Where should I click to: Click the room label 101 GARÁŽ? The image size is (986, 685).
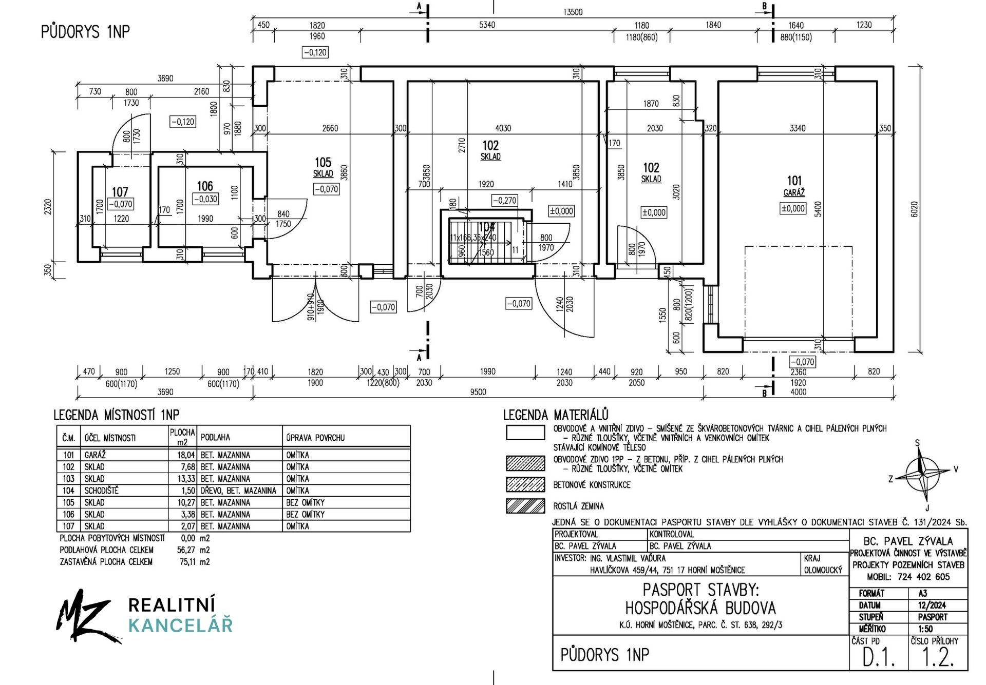point(794,186)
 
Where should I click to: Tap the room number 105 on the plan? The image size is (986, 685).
point(323,163)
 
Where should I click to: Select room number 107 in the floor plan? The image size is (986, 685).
point(120,192)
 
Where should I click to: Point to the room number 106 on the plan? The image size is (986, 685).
point(205,186)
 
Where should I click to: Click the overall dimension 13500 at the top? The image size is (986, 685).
point(573,12)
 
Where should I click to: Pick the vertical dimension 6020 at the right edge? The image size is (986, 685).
point(914,209)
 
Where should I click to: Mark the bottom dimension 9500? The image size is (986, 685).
point(478,392)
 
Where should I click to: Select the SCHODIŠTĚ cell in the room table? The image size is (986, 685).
point(101,491)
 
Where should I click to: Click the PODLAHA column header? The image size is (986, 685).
point(215,438)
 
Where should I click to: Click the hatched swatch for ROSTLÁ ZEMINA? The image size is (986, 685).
point(525,506)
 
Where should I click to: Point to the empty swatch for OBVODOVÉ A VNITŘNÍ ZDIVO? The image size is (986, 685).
point(525,433)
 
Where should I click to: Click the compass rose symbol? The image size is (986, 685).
point(922,472)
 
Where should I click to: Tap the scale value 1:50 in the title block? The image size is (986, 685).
point(925,629)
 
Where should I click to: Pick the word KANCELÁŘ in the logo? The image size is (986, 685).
point(180,626)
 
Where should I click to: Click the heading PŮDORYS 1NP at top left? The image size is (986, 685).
point(85,32)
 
